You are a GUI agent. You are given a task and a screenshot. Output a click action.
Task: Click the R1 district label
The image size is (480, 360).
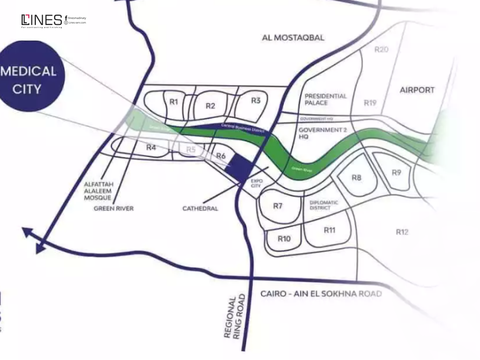pos(174,101)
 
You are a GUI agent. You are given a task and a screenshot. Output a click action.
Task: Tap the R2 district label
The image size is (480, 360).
pos(211,106)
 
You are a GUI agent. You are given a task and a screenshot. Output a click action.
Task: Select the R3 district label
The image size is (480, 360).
pos(256,100)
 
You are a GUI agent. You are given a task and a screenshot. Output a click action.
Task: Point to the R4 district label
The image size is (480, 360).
pos(151,147)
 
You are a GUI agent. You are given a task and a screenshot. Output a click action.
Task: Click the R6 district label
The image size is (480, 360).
pos(220,156)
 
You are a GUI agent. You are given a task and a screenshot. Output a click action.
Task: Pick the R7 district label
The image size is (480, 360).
pos(278,206)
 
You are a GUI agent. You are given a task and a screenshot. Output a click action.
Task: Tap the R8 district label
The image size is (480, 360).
pos(356,177)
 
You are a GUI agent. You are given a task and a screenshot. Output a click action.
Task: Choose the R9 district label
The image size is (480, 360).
pos(397,173)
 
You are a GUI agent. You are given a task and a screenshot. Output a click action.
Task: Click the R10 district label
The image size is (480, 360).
pos(284,238)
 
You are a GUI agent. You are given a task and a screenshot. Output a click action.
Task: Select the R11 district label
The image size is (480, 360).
pos(329,230)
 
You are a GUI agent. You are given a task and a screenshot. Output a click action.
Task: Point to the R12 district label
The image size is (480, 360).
pos(401,232)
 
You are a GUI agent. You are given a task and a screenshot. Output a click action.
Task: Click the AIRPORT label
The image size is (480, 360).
pos(417,90)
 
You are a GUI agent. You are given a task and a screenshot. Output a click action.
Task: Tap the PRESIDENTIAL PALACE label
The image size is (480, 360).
pos(325,99)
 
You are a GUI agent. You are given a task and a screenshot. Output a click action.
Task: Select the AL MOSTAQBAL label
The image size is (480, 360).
pos(293,38)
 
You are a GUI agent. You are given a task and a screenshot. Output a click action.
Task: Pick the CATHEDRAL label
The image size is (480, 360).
pos(200,208)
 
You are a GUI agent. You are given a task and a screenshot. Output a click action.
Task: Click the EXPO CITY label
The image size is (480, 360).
pos(256,184)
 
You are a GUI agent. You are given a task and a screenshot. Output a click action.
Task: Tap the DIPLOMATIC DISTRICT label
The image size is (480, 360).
pos(324,205)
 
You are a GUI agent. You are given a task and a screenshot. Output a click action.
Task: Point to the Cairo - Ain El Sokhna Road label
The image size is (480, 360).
pos(321,293)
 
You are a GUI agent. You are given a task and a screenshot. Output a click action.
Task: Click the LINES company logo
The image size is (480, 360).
pos(42,21)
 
